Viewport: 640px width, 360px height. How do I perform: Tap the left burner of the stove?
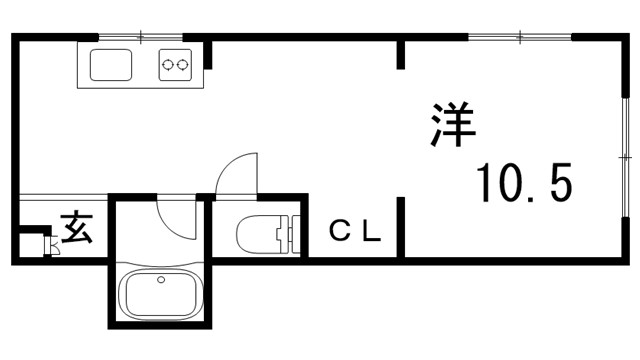(168, 66)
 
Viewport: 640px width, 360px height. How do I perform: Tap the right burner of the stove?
(183, 66)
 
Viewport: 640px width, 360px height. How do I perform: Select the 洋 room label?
(454, 123)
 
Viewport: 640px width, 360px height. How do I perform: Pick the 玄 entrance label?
(77, 229)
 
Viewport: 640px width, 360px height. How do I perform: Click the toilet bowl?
(258, 236)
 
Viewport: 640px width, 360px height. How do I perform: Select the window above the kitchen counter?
(140, 37)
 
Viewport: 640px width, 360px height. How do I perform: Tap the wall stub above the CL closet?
(401, 53)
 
